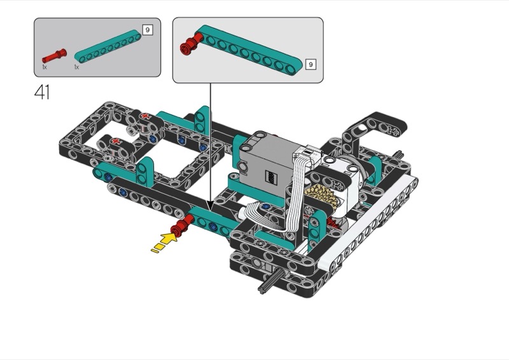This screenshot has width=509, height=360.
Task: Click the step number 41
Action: point(42,92)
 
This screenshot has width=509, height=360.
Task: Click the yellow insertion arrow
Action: point(165,243)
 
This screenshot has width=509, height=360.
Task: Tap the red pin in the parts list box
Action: point(54,56)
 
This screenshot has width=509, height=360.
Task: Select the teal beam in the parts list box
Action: point(108,46)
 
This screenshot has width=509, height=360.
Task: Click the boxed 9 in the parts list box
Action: point(148,30)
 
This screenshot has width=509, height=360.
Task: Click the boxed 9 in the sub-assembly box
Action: point(310,64)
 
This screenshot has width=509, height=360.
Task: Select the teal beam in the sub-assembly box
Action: point(249,50)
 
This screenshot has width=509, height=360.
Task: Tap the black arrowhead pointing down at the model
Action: point(211,206)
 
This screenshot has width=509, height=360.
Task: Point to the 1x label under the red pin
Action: point(45,67)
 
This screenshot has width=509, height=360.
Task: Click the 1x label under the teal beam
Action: point(76,67)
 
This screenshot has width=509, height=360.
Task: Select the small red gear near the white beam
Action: point(331,223)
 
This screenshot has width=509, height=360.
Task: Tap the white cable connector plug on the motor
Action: point(307,153)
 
